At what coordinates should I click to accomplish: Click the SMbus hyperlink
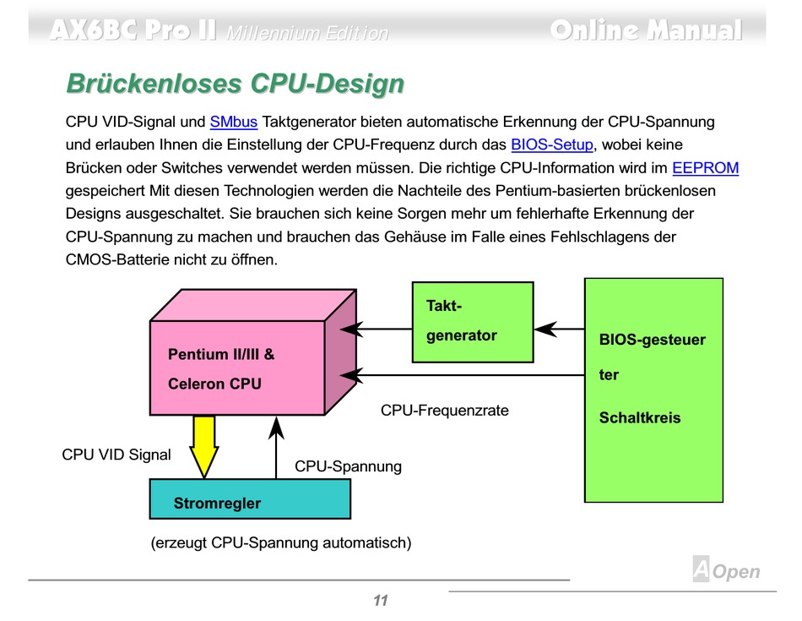[233, 122]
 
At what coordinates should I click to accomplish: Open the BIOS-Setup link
[552, 144]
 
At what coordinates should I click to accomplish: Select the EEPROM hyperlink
[705, 167]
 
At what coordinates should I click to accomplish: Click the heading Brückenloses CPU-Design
[235, 84]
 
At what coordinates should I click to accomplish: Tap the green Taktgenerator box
[473, 321]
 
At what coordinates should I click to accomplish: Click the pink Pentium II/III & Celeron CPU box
[237, 368]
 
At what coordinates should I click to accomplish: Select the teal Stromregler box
[250, 498]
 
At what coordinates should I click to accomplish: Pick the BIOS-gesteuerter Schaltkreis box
[653, 389]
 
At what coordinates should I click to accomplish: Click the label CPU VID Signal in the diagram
[117, 455]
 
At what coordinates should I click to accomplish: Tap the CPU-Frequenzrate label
[445, 411]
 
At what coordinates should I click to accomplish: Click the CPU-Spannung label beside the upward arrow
[348, 466]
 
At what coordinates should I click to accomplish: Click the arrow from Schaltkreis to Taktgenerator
[559, 329]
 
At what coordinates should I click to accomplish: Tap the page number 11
[380, 601]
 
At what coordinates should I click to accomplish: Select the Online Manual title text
[646, 30]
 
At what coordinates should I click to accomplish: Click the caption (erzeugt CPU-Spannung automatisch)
[281, 542]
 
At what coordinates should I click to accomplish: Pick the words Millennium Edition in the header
[307, 34]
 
